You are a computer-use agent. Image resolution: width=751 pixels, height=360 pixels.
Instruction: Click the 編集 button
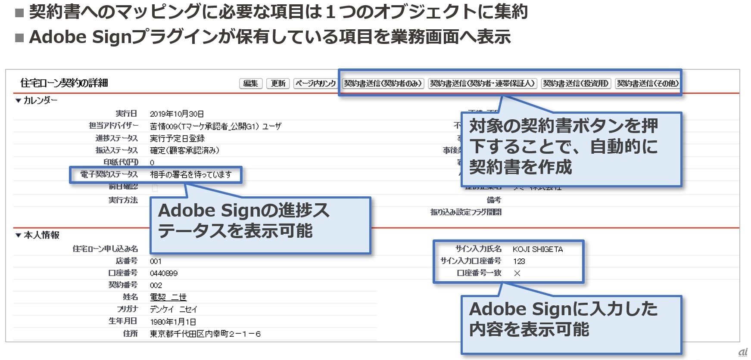251,84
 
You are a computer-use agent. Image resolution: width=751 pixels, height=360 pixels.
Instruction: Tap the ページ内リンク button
315,84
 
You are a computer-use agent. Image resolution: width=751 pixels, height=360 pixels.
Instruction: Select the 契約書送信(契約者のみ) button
383,84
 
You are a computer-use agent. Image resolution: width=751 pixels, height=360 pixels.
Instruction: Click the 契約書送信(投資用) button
576,84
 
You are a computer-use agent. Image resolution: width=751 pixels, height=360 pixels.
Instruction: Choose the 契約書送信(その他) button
648,84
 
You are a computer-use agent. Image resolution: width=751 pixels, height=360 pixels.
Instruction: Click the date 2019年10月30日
177,114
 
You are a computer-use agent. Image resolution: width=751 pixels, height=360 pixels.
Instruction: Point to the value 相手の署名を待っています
190,175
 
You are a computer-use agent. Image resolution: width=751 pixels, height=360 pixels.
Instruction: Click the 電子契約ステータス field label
109,174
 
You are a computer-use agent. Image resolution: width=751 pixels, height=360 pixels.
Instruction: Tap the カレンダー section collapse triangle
18,101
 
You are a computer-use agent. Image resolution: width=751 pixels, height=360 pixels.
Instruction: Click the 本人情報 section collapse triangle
18,236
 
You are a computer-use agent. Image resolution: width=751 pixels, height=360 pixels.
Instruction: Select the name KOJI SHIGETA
537,249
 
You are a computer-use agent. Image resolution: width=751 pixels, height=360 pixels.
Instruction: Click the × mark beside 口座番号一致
517,273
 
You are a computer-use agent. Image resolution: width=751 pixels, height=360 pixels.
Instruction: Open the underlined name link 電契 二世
168,298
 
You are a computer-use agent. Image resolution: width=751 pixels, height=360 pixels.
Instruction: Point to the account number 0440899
163,273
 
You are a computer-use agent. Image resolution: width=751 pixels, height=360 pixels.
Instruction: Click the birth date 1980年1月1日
173,322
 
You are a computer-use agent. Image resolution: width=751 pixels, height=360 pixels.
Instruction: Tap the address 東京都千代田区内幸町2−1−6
205,334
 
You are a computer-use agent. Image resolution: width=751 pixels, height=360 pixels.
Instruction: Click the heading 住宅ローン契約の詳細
64,83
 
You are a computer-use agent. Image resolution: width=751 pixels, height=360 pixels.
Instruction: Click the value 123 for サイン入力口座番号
519,261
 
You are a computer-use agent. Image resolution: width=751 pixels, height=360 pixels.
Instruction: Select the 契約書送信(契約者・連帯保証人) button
482,84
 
